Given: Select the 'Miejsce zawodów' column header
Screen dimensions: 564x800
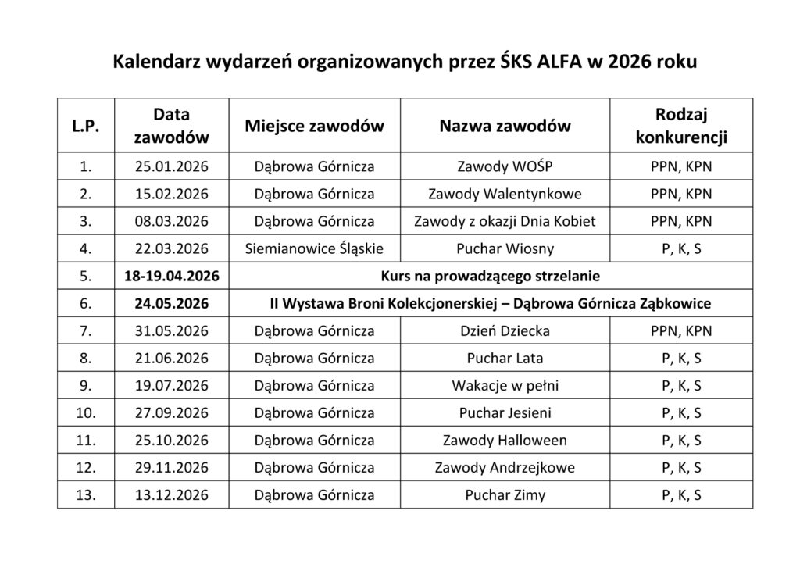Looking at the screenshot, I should click(314, 126).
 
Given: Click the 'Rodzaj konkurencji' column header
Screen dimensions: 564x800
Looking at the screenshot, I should click(681, 126).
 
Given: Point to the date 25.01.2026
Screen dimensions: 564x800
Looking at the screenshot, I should click(172, 166).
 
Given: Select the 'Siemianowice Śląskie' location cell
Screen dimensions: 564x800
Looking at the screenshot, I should click(314, 248).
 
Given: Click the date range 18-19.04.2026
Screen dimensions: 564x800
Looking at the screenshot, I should click(172, 276).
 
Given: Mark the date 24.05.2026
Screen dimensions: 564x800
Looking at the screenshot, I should click(172, 303).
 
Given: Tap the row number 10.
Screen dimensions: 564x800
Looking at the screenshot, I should click(86, 413).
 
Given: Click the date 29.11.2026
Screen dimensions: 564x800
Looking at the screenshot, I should click(172, 468).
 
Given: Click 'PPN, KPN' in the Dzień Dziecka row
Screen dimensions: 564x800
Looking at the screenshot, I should click(681, 330).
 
